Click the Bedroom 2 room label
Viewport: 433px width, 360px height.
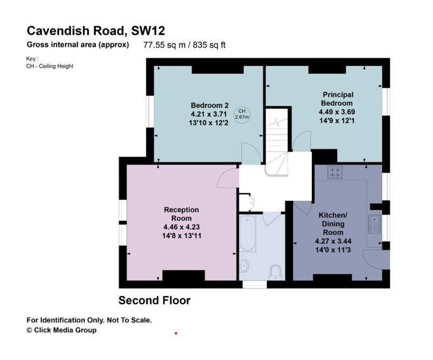209,105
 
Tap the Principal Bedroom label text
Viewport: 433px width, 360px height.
337,99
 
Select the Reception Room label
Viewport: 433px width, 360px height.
181,214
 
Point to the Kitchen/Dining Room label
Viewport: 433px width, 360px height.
333,224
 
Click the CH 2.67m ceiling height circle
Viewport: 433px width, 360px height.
242,114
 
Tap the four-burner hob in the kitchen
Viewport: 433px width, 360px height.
335,172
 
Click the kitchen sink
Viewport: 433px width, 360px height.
375,224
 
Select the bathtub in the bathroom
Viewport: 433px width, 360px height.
247,233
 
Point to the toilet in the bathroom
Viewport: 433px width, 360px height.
275,272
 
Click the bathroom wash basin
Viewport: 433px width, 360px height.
244,265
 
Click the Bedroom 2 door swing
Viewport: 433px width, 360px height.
251,153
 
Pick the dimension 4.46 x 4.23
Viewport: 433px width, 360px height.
181,227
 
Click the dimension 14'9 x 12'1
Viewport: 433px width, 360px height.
337,121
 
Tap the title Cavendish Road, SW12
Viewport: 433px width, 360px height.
96,31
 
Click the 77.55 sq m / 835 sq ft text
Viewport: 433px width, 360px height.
184,45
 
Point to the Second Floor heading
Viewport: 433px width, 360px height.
154,300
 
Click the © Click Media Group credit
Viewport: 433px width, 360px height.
61,330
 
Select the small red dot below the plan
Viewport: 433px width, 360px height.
175,333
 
